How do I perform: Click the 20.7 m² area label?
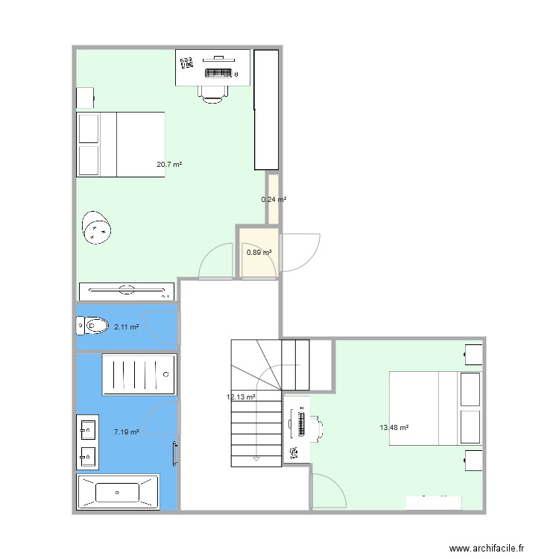169,164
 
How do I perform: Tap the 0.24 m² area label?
274,199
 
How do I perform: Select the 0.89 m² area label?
259,253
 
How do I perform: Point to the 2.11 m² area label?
126,326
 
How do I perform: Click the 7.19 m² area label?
126,432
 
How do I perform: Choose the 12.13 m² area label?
241,397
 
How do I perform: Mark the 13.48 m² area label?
394,427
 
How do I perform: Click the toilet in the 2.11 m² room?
91,326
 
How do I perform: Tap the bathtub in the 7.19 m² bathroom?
118,492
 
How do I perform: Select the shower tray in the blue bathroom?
139,375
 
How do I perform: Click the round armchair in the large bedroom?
97,230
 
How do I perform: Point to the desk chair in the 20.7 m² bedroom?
212,91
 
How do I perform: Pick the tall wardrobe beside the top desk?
266,110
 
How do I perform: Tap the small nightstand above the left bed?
85,98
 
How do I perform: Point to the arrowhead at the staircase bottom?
256,458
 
